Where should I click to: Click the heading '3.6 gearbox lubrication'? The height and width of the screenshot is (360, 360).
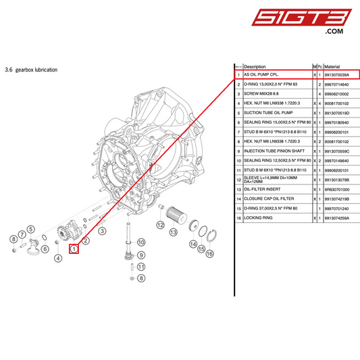pyautogui.click(x=31, y=70)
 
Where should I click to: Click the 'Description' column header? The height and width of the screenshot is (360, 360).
pyautogui.click(x=255, y=67)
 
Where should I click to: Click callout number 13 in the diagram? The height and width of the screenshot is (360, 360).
pyautogui.click(x=174, y=232)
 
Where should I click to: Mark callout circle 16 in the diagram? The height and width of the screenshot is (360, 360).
pyautogui.click(x=210, y=253)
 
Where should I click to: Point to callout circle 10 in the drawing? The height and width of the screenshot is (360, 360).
pyautogui.click(x=141, y=242)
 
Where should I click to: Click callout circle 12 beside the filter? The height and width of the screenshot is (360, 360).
pyautogui.click(x=161, y=224)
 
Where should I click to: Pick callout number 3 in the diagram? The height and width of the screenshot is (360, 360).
pyautogui.click(x=102, y=231)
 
